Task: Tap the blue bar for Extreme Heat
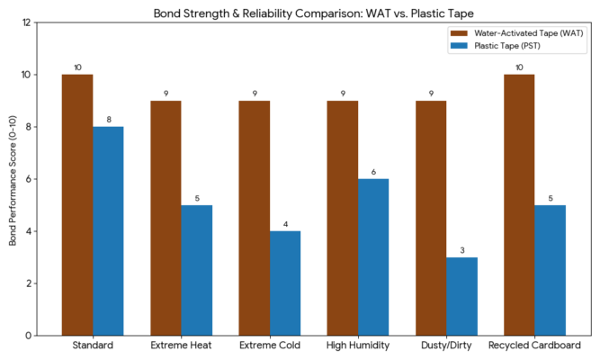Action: coord(196,270)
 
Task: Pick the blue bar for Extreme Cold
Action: coord(285,283)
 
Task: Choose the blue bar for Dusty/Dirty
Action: coord(461,296)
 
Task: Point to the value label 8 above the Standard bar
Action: coord(108,119)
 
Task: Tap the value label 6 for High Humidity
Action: coord(373,171)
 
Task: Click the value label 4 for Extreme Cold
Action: coord(285,223)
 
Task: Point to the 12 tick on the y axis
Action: coord(29,22)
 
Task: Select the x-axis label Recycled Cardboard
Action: coord(534,346)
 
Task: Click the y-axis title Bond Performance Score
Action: coord(12,179)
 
